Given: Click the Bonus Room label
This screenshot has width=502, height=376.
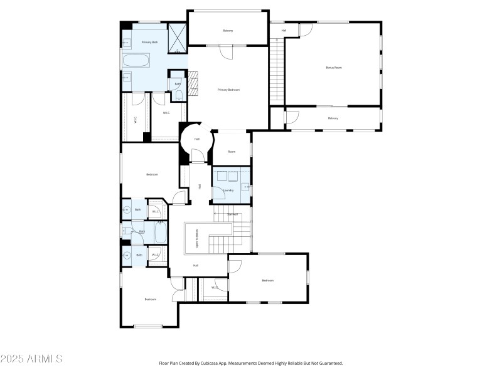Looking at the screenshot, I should (333, 67).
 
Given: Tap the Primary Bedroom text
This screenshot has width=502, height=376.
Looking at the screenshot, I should (228, 90).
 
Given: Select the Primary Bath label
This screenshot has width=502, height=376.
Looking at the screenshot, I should (149, 42).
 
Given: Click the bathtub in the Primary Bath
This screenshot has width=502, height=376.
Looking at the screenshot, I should (136, 61).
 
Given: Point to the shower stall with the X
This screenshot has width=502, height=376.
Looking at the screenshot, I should (177, 35).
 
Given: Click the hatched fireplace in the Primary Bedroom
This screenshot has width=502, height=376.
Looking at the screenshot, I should (194, 83).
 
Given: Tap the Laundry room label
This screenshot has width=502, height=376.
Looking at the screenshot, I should (228, 190).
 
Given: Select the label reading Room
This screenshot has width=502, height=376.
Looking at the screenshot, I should (232, 152).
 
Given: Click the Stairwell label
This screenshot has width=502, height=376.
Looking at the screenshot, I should (233, 214).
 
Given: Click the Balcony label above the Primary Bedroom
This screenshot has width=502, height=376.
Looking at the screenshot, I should (228, 31).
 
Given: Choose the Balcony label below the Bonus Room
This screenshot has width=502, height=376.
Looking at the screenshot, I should (333, 118).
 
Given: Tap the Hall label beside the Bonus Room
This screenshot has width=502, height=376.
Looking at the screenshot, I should (284, 30).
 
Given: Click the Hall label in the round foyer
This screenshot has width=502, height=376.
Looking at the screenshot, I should (196, 139).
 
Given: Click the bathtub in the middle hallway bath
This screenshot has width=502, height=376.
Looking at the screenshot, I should (159, 233).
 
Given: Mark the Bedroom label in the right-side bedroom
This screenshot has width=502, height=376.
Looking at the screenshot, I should (268, 280).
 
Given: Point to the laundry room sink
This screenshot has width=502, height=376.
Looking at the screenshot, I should (245, 187).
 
